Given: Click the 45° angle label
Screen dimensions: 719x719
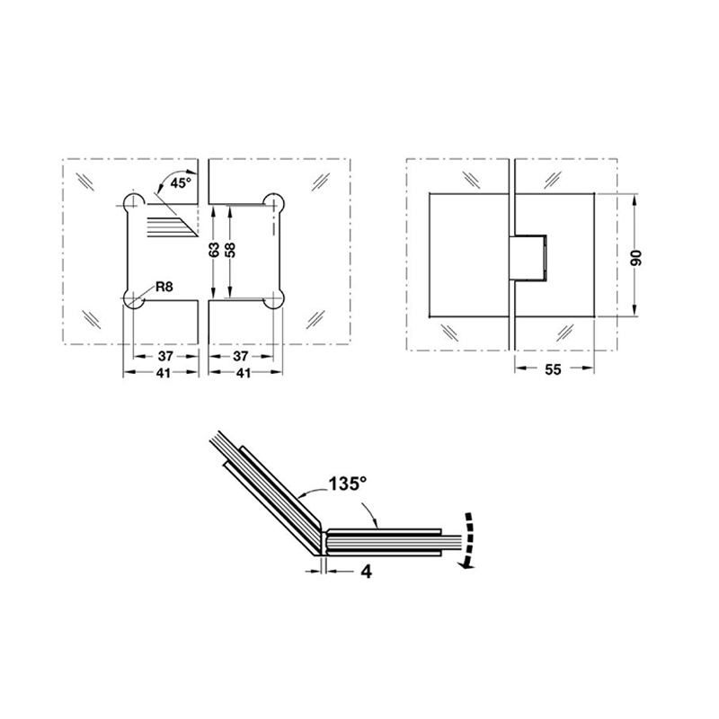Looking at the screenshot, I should coord(181,183).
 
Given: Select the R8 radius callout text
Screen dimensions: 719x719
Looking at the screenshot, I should coord(164,287).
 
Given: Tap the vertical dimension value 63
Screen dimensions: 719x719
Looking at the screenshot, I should coord(215,251).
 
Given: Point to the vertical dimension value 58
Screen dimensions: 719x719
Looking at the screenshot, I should coord(232,251).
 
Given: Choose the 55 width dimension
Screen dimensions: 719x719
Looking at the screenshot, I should coord(552,369).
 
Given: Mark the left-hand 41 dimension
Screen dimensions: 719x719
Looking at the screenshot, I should coord(161,373).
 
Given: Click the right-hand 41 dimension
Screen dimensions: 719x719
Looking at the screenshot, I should coord(243,373).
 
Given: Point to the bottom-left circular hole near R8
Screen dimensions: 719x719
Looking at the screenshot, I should coord(133,301).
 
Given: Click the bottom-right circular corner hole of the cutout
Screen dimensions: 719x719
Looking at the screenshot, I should coord(274,301).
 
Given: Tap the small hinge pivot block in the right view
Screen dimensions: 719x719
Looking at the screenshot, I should coord(528,256).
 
